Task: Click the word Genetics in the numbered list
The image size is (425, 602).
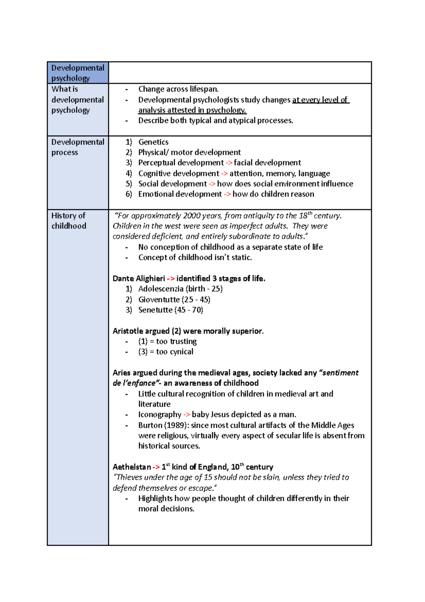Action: coord(153,142)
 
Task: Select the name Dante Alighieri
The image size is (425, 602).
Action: coord(138,279)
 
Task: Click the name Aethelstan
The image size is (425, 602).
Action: coord(131,467)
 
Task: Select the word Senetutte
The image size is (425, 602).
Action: coord(155,310)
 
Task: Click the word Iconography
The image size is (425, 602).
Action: coord(160,414)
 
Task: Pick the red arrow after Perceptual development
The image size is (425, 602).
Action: coord(229,163)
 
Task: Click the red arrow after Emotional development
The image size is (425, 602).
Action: coord(227,194)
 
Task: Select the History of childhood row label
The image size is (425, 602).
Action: coord(69,221)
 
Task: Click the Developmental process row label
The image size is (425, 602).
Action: coord(78,147)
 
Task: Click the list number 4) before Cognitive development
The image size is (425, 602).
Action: coord(129,173)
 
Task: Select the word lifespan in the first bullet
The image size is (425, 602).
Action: coord(204,89)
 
